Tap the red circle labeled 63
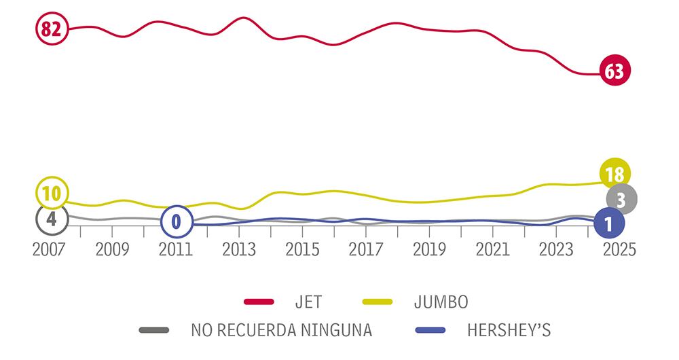click(x=614, y=72)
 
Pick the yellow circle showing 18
click(x=614, y=175)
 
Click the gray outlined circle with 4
click(x=51, y=219)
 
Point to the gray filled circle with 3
click(x=621, y=199)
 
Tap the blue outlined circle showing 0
click(x=177, y=221)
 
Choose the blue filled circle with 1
click(x=608, y=222)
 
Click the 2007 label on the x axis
click(x=50, y=249)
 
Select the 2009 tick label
click(x=113, y=249)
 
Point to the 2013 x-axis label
click(x=239, y=249)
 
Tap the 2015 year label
click(x=303, y=249)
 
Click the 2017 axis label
click(x=366, y=249)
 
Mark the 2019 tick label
click(x=429, y=249)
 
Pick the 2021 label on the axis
click(x=493, y=249)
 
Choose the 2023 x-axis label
click(x=556, y=249)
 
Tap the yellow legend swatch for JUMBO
click(x=372, y=301)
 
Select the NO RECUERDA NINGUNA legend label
click(x=281, y=331)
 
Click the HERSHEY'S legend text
click(x=509, y=331)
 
